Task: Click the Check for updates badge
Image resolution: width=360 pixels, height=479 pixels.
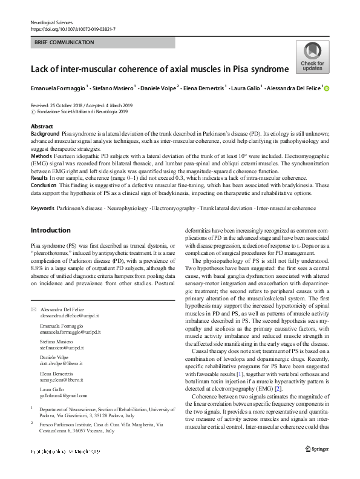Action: tap(313, 57)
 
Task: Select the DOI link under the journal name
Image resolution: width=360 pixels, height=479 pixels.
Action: tap(74, 28)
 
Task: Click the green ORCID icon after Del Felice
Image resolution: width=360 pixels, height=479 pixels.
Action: tap(327, 88)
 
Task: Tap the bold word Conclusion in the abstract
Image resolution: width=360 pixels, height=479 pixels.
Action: tap(45, 185)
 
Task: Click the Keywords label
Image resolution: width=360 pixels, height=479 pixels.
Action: tap(44, 208)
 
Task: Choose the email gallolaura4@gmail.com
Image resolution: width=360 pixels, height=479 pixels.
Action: tap(64, 395)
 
